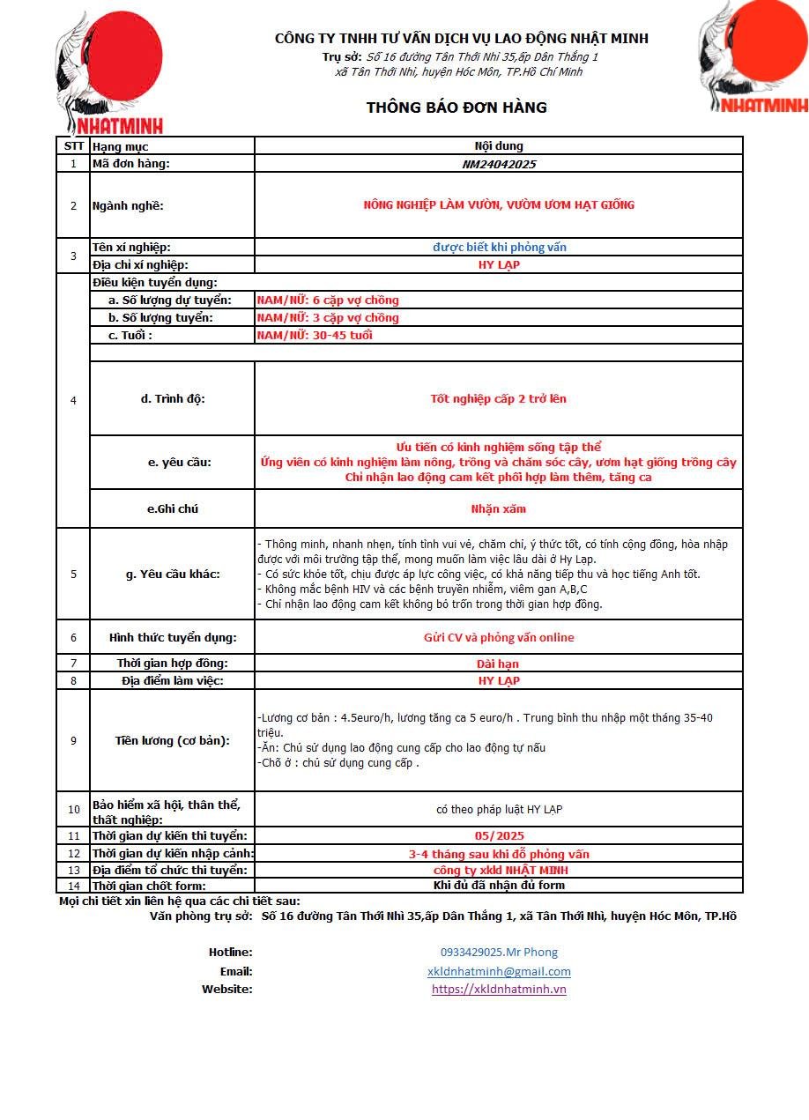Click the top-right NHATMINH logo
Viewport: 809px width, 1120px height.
[754, 58]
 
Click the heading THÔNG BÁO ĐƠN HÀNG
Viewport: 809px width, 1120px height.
[456, 108]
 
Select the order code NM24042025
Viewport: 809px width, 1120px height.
[499, 164]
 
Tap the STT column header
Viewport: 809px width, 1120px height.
[73, 146]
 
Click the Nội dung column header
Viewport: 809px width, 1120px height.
[499, 146]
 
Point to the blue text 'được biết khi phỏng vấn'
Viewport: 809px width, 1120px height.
[499, 248]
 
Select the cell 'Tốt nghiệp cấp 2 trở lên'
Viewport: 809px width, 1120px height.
[499, 398]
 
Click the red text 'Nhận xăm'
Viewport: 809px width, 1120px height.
[499, 508]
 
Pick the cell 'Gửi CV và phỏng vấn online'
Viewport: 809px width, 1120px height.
[499, 637]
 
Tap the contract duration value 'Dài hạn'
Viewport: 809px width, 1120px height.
[499, 664]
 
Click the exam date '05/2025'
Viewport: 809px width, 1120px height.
[499, 835]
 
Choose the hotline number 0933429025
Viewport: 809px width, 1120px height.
[499, 952]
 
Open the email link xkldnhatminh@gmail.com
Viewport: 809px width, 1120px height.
[499, 971]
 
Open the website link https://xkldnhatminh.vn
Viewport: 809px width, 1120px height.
[499, 989]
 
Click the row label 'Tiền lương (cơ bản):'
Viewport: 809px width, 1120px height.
[173, 740]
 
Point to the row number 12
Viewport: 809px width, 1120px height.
[73, 853]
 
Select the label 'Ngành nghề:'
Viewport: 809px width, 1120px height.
[129, 206]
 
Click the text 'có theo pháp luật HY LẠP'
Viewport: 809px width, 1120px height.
[499, 809]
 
